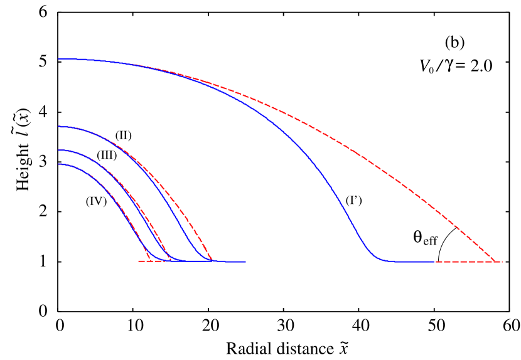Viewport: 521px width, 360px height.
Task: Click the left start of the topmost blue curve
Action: coord(58,59)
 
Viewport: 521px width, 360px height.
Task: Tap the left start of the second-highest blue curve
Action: coord(58,127)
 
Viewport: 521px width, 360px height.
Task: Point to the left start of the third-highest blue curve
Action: coord(58,151)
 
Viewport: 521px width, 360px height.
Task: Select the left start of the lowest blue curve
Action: coord(58,164)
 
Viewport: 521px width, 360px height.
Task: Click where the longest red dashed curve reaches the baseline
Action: coord(496,261)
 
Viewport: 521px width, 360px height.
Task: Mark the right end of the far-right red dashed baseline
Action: coord(503,262)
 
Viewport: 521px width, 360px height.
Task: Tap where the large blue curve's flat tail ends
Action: coord(434,262)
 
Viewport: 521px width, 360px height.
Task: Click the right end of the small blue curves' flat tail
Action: coord(245,262)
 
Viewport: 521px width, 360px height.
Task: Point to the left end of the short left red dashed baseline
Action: coord(139,261)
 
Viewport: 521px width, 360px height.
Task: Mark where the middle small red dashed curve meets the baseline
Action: coord(171,260)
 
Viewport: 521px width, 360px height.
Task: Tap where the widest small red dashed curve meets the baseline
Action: coord(212,260)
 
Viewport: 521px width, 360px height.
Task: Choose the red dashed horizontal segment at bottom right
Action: coord(468,262)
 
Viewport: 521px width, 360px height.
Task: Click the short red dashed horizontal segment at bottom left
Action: coord(144,261)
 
